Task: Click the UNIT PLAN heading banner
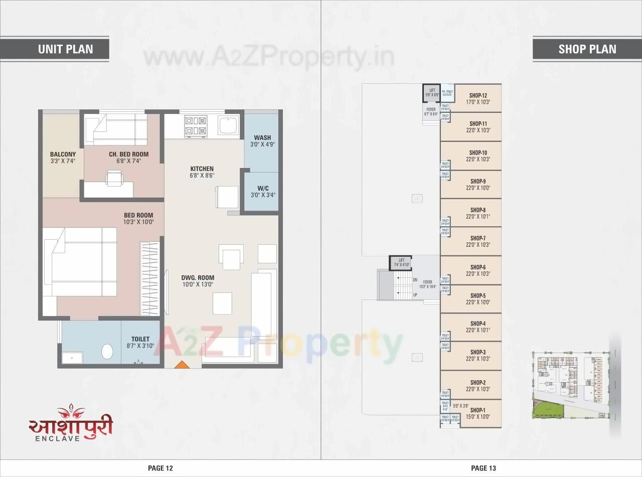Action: click(65, 49)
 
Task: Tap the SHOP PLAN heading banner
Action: click(587, 49)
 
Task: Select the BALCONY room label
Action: click(63, 154)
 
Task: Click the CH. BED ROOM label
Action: click(128, 154)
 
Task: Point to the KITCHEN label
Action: click(202, 169)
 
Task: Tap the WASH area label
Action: click(262, 137)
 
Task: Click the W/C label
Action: click(262, 189)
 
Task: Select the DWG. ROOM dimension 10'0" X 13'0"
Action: click(198, 284)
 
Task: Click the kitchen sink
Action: click(229, 125)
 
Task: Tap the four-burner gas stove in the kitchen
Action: click(196, 125)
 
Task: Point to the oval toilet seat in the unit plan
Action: click(107, 351)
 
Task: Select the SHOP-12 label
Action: click(478, 95)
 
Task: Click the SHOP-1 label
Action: click(477, 410)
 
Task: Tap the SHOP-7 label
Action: click(477, 238)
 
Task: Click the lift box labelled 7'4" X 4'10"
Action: click(401, 262)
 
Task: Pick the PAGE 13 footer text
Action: click(484, 468)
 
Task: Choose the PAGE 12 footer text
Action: click(160, 468)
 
